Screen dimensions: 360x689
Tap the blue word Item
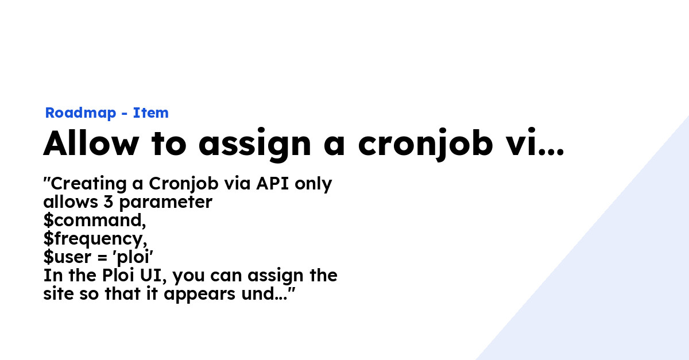coord(151,113)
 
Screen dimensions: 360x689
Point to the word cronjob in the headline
coord(425,144)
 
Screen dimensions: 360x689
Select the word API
coord(274,184)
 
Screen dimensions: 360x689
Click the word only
coord(315,184)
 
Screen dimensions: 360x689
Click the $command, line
coord(94,221)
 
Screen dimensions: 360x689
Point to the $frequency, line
coord(95,239)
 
